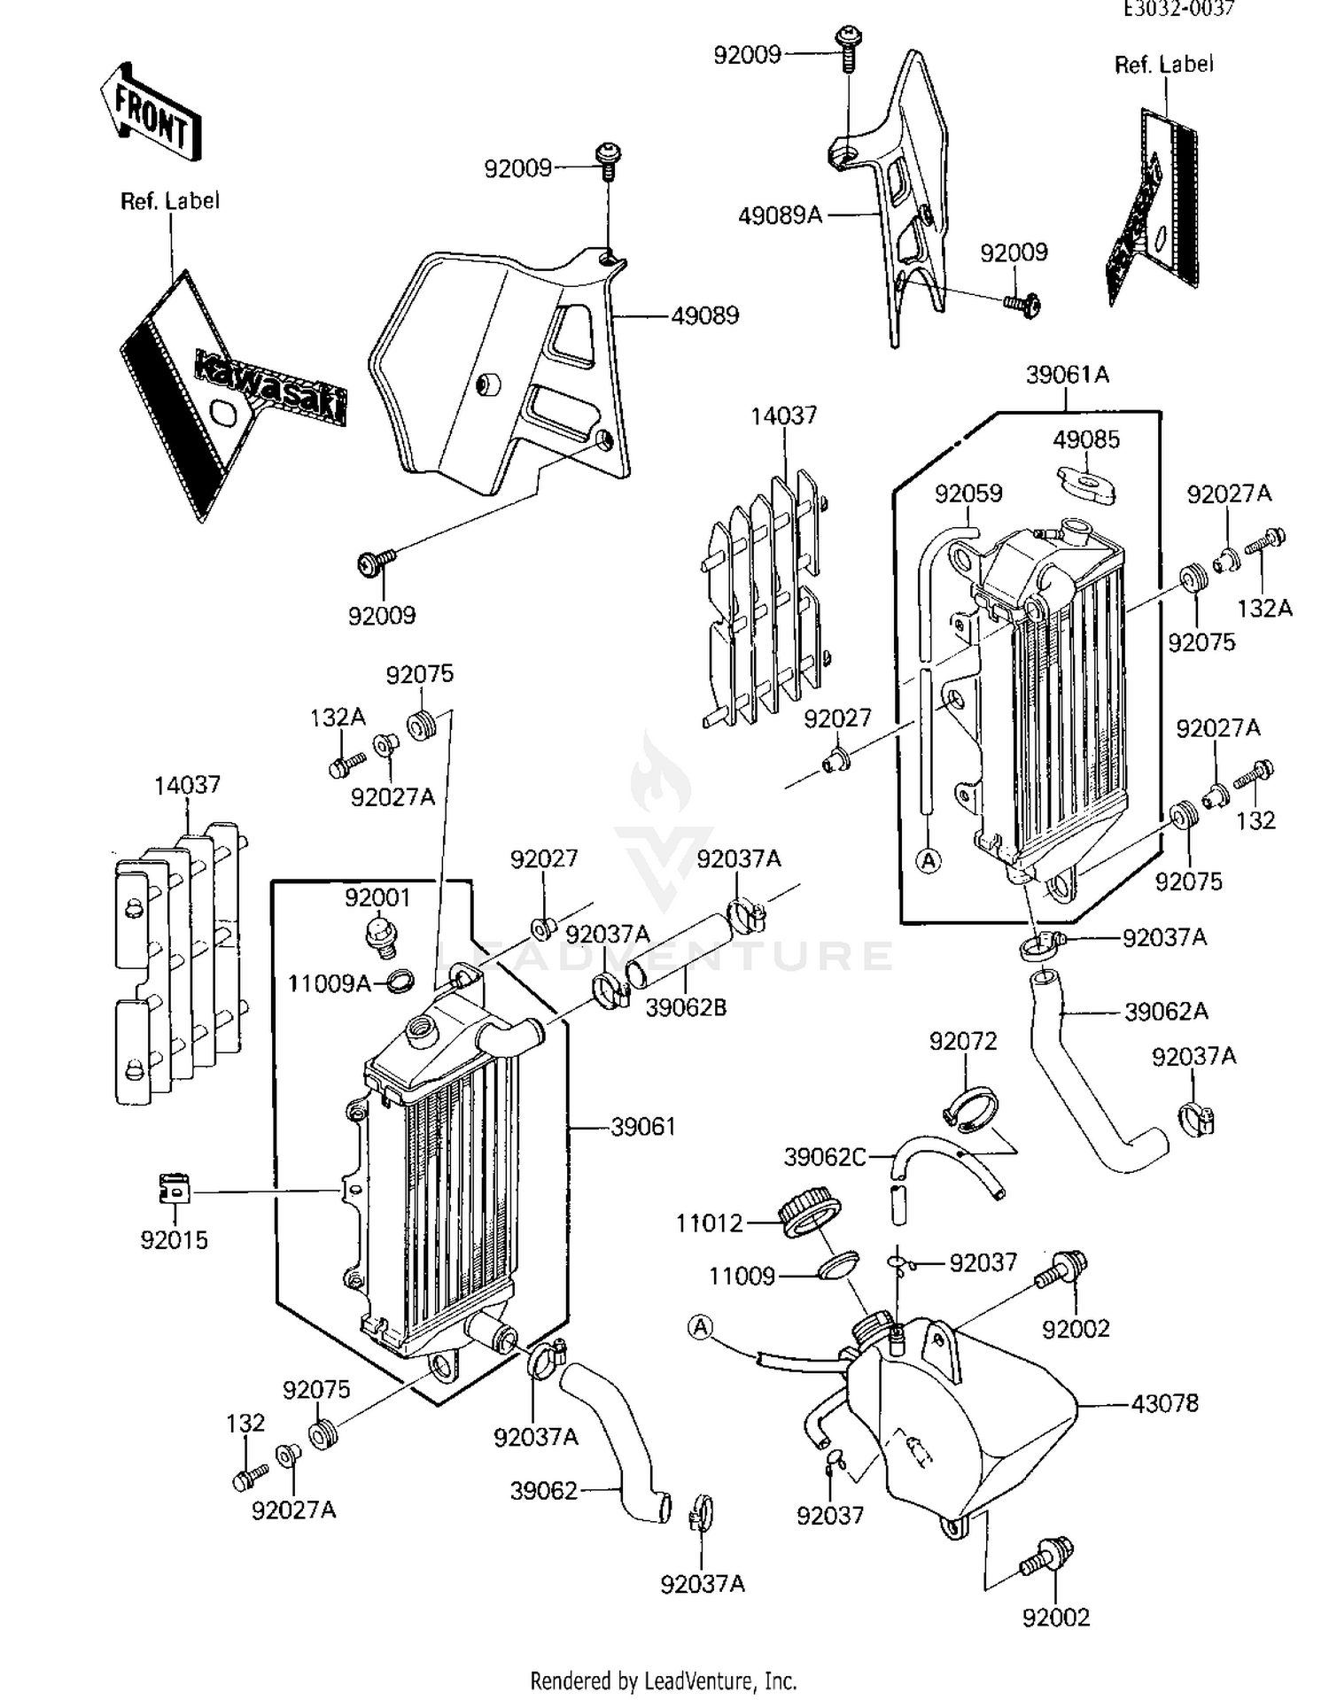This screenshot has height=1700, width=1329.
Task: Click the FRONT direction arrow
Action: pos(150,113)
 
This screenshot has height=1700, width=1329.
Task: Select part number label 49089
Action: pos(704,316)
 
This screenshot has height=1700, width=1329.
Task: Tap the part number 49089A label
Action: pos(780,215)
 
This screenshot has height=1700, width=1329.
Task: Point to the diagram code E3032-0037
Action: pos(1178,9)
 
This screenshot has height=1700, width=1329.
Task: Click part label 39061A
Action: pos(1067,375)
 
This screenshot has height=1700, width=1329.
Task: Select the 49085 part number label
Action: pos(1085,439)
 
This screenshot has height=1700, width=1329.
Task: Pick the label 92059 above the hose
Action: pos(968,493)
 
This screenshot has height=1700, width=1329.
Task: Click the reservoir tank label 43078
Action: pos(1164,1403)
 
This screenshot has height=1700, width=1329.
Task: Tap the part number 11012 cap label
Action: pos(709,1223)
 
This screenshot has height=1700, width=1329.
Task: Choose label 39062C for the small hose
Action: pos(824,1157)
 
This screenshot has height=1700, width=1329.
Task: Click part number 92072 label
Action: pos(962,1042)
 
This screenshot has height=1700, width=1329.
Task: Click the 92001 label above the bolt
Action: pos(377,898)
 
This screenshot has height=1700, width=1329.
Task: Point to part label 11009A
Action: pos(328,983)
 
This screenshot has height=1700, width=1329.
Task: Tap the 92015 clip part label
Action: pos(174,1240)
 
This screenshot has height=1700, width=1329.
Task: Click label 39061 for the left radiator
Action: pos(642,1127)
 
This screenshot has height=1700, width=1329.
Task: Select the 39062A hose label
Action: pos(1165,1012)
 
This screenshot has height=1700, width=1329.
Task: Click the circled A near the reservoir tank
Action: pos(700,1326)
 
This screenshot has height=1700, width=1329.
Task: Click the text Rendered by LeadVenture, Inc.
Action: pos(663,1680)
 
